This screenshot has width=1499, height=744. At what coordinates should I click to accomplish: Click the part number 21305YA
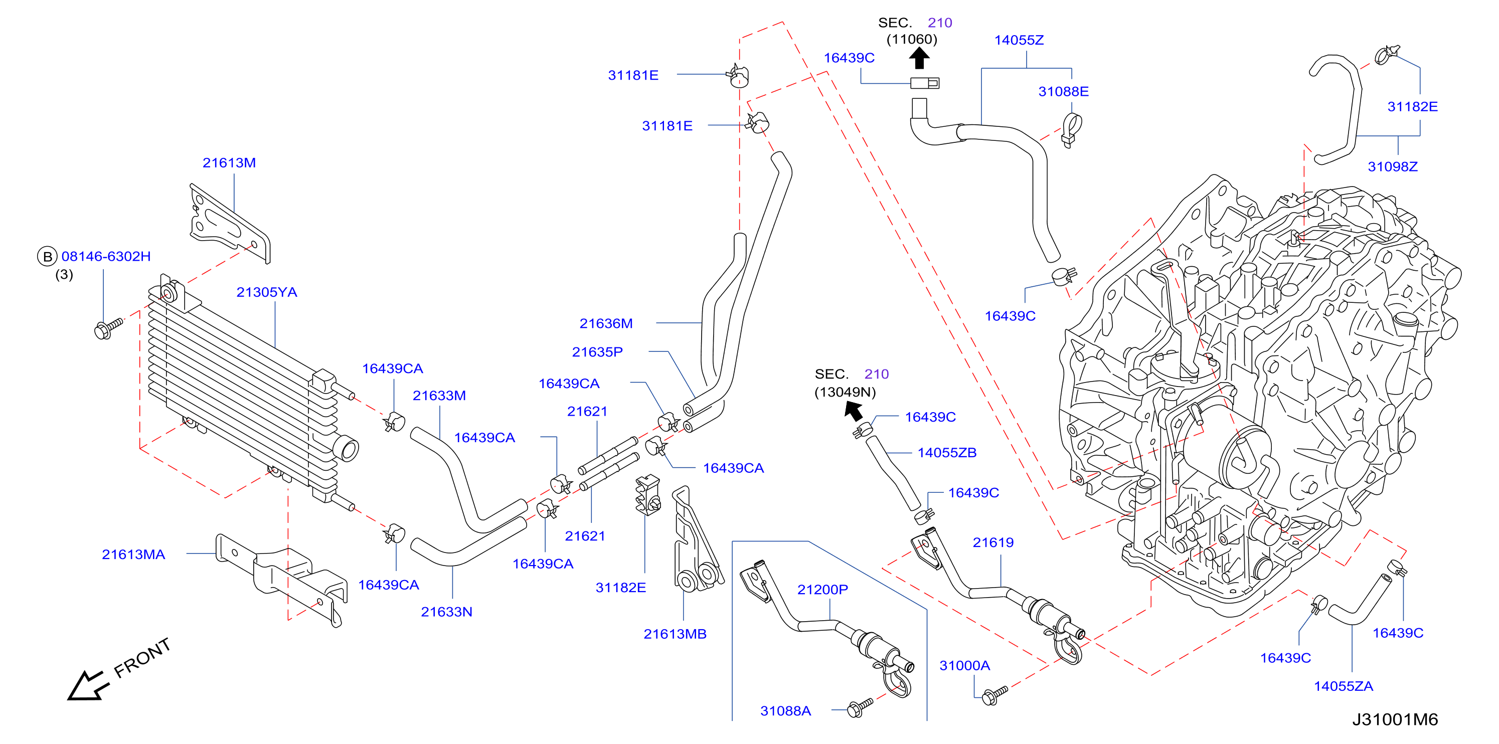[266, 292]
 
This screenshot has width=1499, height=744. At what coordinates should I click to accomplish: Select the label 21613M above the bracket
[229, 163]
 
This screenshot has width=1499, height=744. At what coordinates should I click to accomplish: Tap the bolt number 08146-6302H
[106, 257]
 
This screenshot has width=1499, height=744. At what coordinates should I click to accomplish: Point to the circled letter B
[47, 257]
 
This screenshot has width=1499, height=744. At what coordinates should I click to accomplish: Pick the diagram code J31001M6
[1395, 719]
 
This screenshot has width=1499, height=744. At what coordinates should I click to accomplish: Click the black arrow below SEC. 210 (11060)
[919, 58]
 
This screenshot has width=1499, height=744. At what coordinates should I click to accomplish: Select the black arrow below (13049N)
[854, 411]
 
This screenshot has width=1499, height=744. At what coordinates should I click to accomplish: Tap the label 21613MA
[133, 554]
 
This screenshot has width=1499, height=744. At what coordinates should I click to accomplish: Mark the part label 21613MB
[675, 634]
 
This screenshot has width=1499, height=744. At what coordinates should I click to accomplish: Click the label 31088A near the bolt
[785, 711]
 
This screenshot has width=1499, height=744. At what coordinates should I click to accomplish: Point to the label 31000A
[965, 665]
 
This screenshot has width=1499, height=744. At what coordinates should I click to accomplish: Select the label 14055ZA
[1344, 686]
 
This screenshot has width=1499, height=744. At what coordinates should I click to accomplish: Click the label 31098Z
[1393, 167]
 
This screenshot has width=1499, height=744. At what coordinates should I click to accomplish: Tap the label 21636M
[606, 323]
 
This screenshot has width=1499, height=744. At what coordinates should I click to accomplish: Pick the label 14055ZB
[947, 453]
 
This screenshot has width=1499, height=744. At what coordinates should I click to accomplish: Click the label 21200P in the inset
[822, 589]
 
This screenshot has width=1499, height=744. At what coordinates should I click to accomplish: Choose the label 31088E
[1063, 91]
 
